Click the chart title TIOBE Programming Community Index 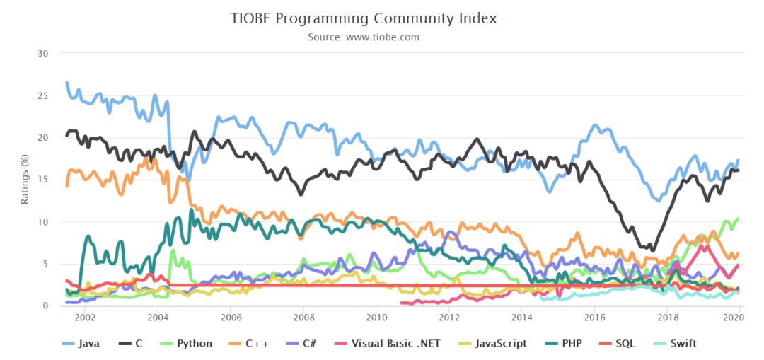[364, 18]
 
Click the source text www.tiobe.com [364, 37]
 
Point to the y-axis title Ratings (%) [25, 180]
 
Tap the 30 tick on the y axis [44, 53]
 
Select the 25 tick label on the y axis [44, 95]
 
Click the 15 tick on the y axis [44, 180]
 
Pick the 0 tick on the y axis [46, 306]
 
